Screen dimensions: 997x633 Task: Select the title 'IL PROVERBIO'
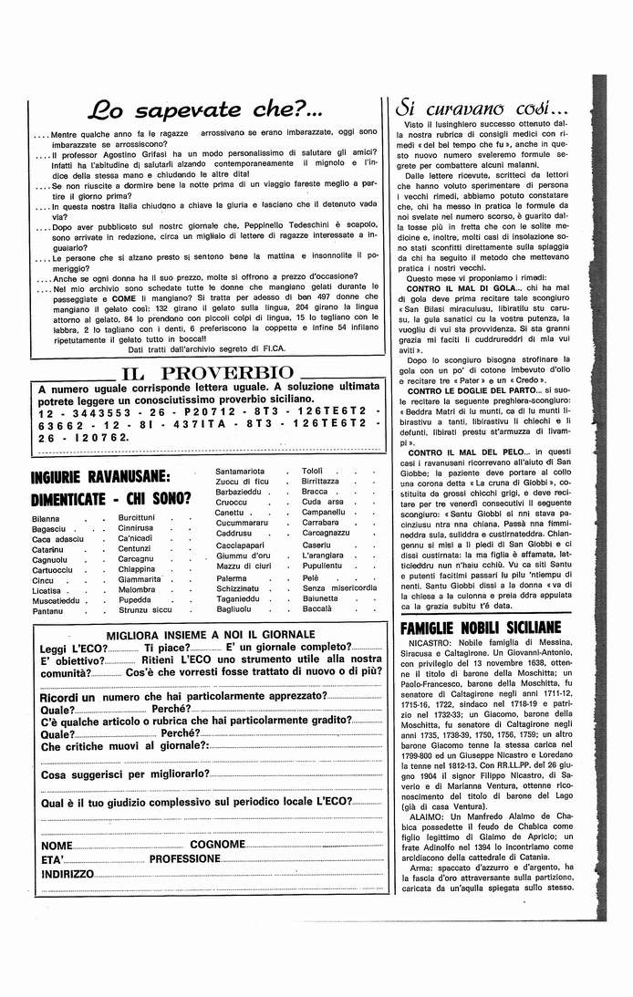click(x=207, y=372)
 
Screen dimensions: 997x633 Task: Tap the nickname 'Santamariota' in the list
click(x=240, y=471)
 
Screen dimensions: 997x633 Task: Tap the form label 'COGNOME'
click(x=217, y=845)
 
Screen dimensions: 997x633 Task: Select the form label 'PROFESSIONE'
click(x=185, y=859)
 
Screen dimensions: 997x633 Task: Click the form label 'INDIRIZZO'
click(x=67, y=874)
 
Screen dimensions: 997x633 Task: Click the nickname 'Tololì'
click(x=313, y=471)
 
